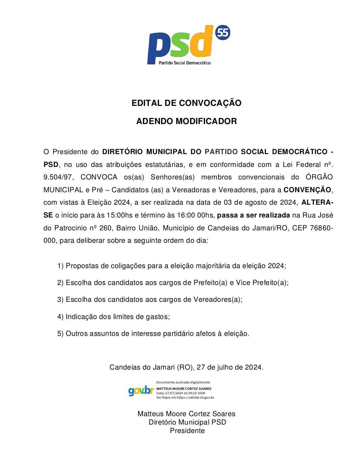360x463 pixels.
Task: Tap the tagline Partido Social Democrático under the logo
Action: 185,63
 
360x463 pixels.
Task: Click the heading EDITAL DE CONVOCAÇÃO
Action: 186,103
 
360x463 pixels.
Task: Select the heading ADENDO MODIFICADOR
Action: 186,121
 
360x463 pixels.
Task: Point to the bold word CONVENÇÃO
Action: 307,190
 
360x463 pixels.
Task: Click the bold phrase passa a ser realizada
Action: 253,215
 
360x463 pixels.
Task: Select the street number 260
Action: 106,228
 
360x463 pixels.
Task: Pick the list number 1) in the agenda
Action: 60,266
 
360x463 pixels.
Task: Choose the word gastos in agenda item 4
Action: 158,317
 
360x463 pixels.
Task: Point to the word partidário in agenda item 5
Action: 178,334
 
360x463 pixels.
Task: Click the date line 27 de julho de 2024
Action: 230,367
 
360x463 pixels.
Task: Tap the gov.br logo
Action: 141,391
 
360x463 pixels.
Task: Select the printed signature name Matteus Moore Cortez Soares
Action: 186,414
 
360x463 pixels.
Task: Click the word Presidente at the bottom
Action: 187,431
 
